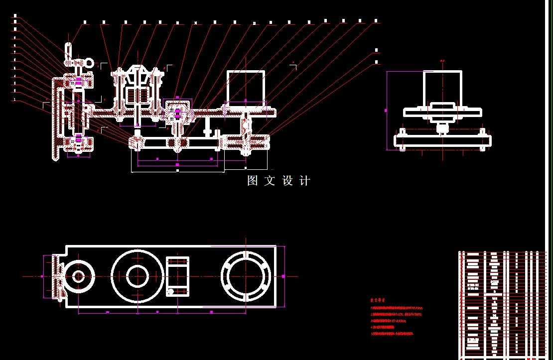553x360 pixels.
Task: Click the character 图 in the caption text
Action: click(253, 181)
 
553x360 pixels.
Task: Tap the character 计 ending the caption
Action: click(304, 181)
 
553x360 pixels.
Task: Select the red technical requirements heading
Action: click(378, 301)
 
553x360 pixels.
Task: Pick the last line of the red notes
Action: click(392, 334)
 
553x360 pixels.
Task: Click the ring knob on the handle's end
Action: click(89, 63)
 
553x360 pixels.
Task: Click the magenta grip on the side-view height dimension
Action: click(387, 110)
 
